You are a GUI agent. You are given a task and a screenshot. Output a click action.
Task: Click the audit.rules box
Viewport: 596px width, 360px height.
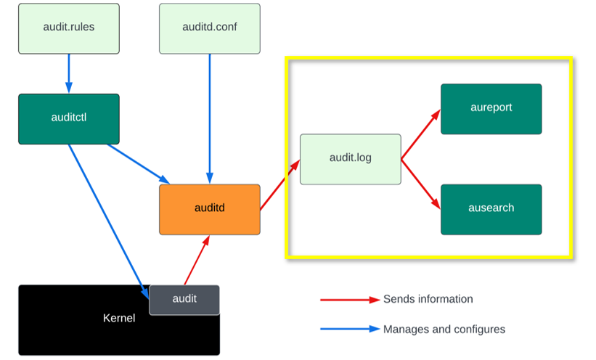[69, 28]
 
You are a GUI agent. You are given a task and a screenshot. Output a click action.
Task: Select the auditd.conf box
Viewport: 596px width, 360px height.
[210, 28]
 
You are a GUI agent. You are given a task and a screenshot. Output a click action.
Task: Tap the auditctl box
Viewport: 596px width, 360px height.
[69, 118]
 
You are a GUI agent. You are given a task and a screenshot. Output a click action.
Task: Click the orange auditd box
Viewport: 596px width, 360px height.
[210, 209]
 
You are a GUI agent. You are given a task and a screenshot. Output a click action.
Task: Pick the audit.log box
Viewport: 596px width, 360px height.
[351, 159]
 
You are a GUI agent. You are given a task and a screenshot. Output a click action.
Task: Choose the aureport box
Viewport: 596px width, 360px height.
[491, 108]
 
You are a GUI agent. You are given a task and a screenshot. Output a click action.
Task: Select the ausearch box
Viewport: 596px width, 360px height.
[491, 209]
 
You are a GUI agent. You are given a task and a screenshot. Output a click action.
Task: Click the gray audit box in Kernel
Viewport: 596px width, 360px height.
[184, 300]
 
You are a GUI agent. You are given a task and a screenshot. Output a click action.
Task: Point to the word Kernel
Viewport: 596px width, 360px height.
[119, 319]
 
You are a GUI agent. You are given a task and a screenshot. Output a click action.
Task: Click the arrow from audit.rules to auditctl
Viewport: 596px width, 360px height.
[69, 73]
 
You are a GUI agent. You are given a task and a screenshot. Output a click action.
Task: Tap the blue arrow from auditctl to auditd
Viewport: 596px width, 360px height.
[138, 163]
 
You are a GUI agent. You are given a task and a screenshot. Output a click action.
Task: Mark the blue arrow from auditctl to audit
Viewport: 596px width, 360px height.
[107, 218]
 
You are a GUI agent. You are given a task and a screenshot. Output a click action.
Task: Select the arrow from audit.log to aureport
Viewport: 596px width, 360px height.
[420, 134]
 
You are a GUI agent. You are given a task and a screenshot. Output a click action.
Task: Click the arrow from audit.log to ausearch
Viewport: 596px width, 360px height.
[420, 184]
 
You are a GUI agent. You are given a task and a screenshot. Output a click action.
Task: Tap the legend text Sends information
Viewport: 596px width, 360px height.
[428, 299]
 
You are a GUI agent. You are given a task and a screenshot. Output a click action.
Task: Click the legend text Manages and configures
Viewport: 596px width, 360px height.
[444, 329]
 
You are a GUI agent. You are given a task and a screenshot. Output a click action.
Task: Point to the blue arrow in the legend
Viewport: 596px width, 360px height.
[350, 329]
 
